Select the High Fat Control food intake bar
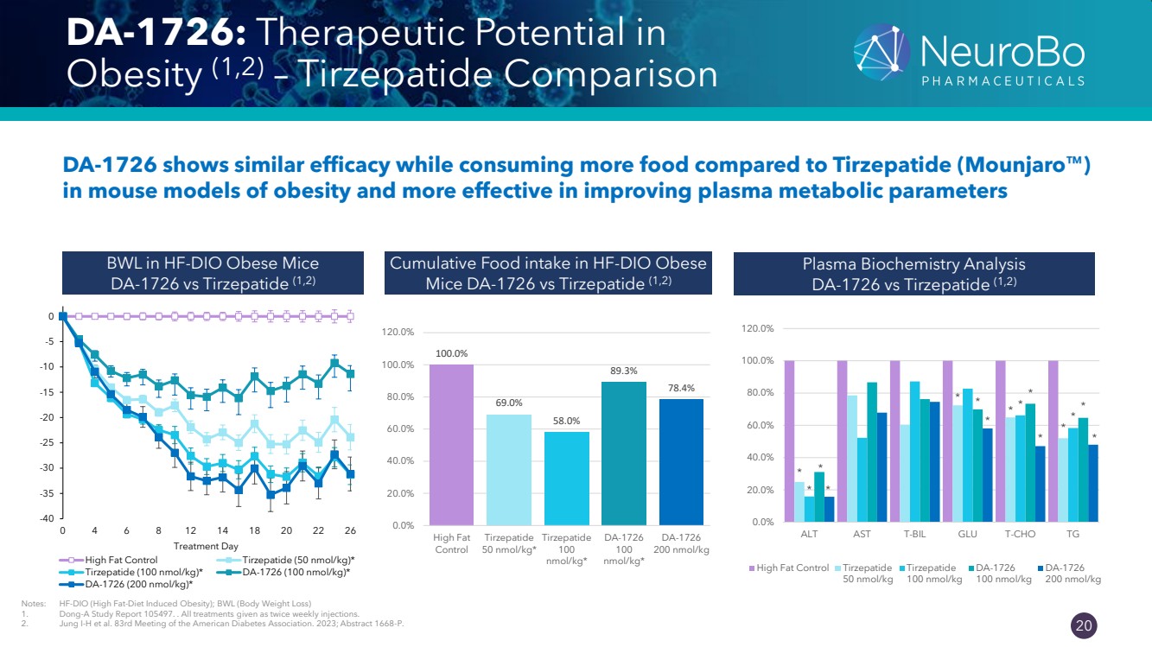point(451,444)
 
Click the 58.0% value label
point(566,421)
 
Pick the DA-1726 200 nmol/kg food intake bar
point(680,461)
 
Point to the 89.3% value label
point(623,371)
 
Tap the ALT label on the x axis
point(809,534)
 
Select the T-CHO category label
point(1020,534)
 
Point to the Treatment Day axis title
point(206,546)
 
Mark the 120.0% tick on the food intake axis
point(398,332)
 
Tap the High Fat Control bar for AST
point(842,441)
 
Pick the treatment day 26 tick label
point(350,530)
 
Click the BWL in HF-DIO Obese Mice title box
point(207,272)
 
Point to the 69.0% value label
point(509,403)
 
